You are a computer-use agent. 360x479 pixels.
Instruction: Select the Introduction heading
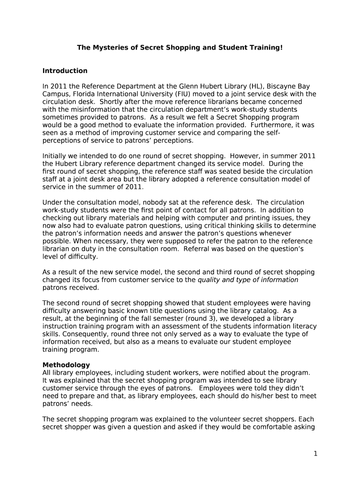pyautogui.click(x=65, y=71)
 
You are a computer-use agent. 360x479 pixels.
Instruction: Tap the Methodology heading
pyautogui.click(x=66, y=364)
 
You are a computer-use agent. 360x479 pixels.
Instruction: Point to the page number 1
pyautogui.click(x=316, y=453)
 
